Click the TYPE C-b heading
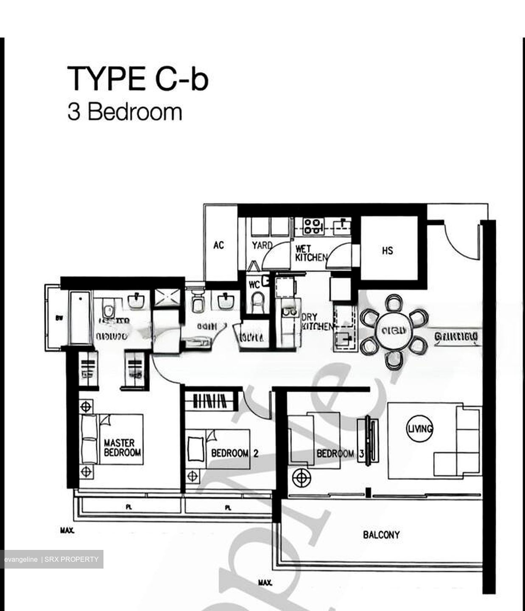click(137, 78)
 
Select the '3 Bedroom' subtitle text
click(125, 112)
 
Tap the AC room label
click(218, 245)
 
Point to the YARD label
click(262, 246)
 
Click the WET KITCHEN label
click(311, 253)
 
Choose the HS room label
click(387, 251)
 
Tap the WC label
click(254, 285)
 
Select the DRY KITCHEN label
click(316, 322)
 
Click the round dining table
click(394, 331)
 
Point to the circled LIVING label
click(420, 429)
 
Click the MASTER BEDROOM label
click(122, 448)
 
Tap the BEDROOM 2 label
click(235, 453)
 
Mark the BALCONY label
click(381, 535)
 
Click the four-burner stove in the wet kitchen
click(313, 225)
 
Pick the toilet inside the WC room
click(257, 302)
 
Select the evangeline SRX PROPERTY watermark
click(51, 559)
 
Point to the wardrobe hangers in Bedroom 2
click(209, 401)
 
